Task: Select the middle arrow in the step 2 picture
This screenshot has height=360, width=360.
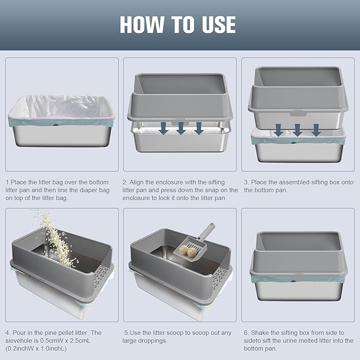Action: pyautogui.click(x=181, y=128)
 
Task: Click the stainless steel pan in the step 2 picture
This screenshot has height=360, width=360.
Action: pyautogui.click(x=181, y=141)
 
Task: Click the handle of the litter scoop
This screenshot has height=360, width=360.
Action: pyautogui.click(x=206, y=232)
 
